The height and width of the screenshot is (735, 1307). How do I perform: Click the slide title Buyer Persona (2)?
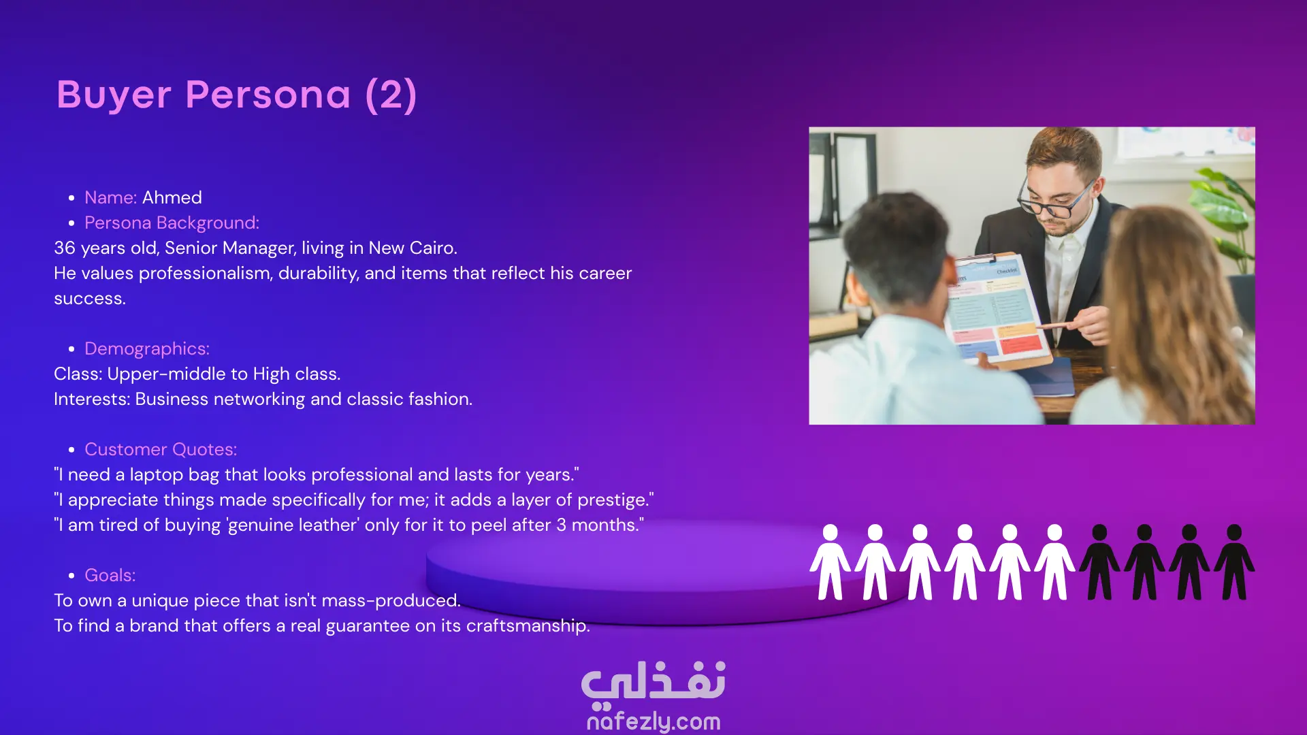236,95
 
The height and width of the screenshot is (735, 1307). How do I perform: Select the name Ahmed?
172,197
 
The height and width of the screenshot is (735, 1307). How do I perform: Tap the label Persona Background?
172,223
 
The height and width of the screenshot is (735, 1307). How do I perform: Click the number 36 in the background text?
65,248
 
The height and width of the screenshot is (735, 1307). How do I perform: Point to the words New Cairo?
412,248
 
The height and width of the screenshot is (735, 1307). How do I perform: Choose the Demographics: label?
147,348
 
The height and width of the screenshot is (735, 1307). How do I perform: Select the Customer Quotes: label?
161,449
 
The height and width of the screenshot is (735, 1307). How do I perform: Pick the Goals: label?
110,575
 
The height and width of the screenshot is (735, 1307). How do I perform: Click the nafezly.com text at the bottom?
653,721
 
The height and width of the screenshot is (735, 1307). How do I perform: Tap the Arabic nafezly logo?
653,682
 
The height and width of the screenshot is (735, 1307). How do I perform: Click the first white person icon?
830,562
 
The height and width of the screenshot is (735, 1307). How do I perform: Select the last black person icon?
1234,562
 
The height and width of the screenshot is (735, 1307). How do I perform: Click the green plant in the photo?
1225,225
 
